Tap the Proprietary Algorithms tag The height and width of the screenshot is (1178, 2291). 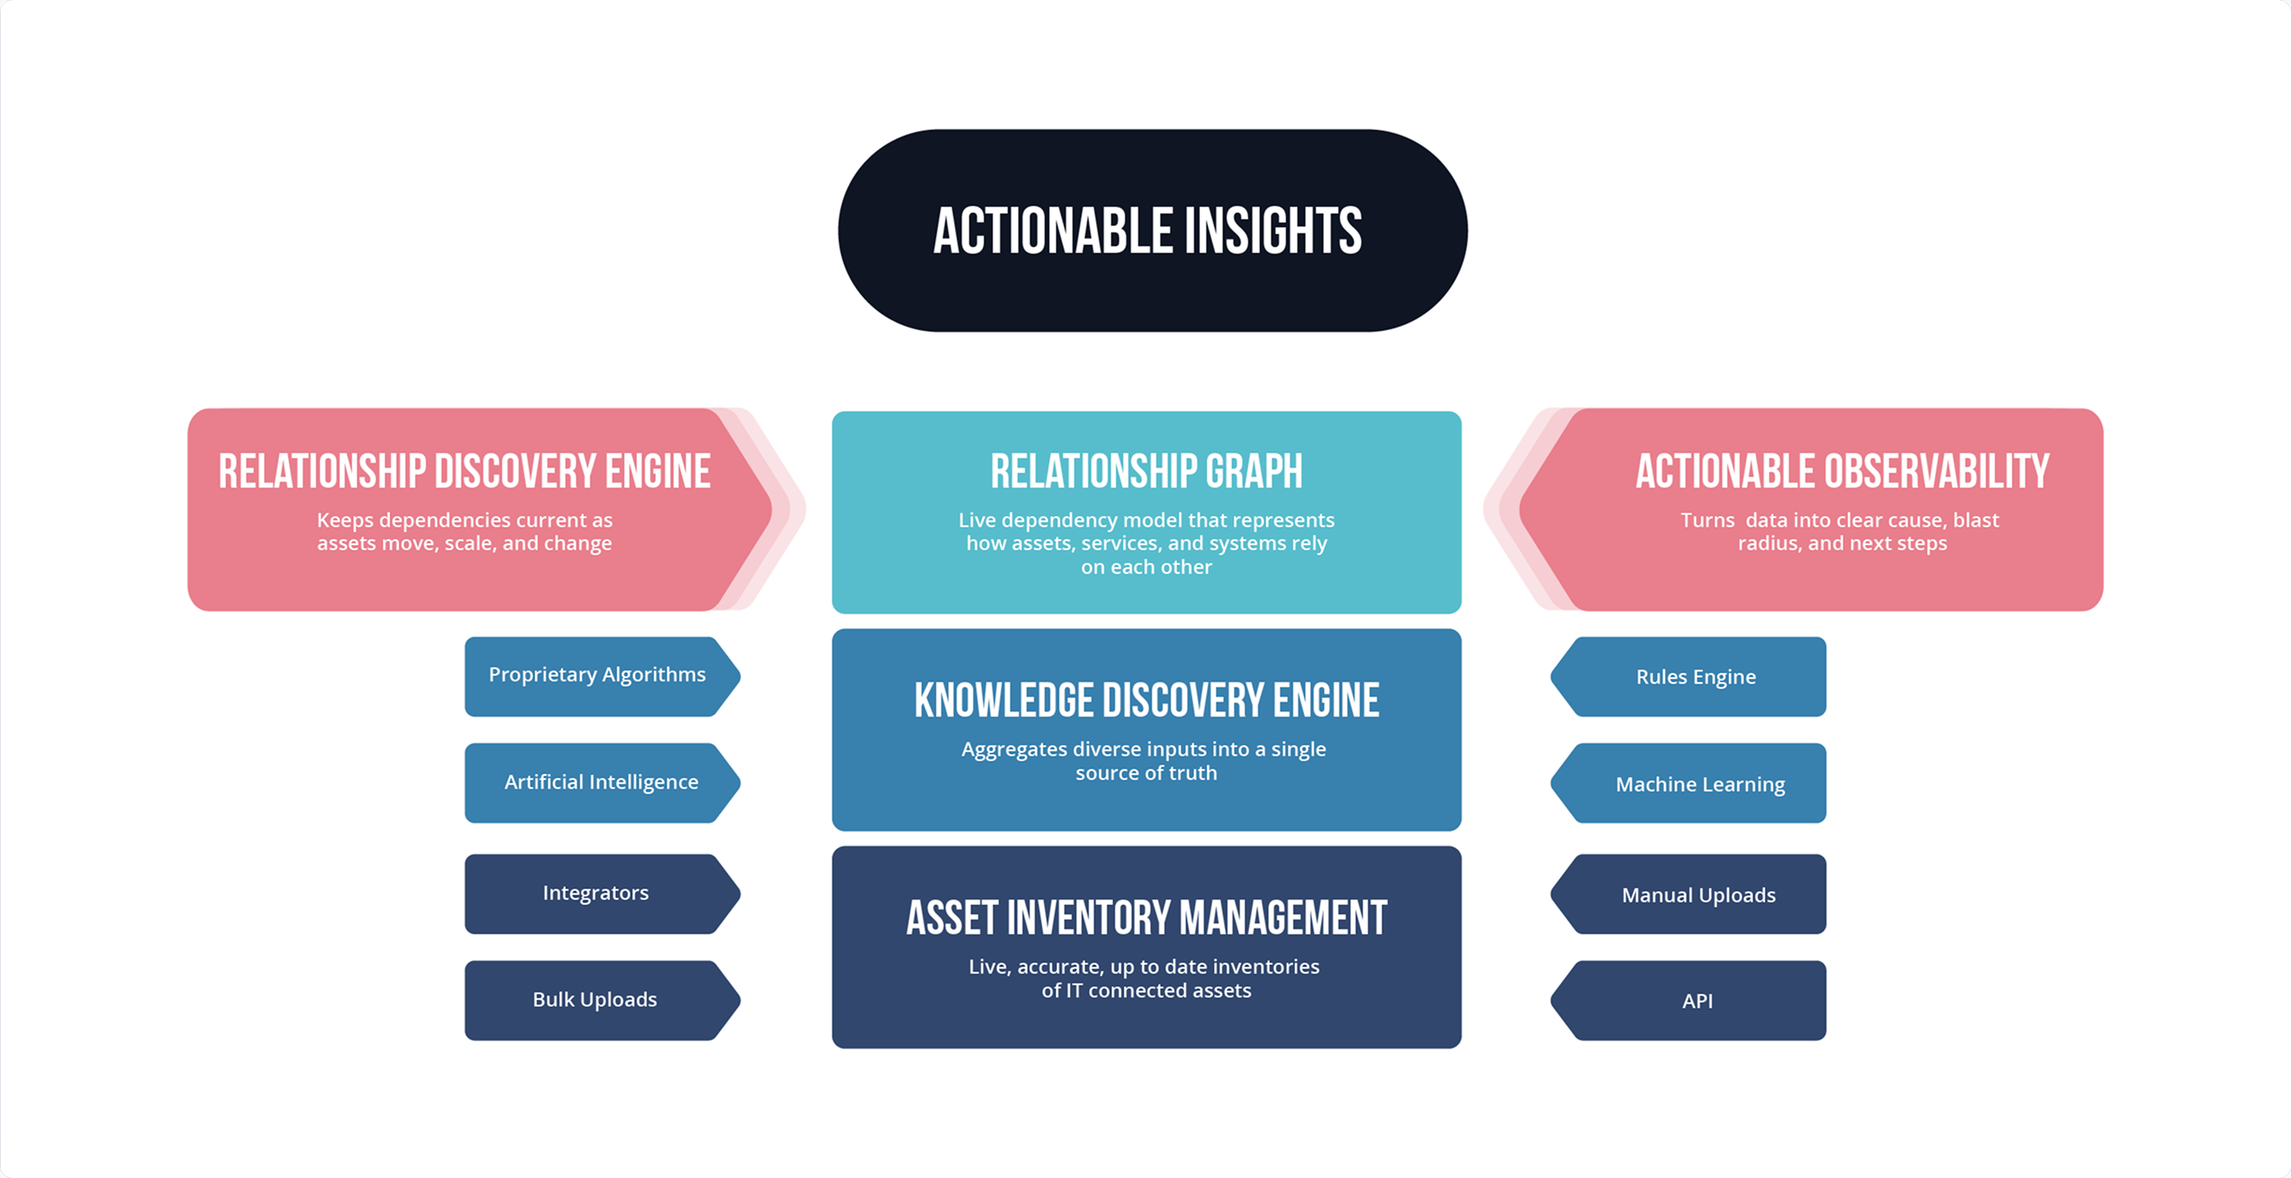click(x=597, y=676)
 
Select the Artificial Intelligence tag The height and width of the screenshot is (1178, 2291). click(x=601, y=783)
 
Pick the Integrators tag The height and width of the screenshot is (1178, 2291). click(x=596, y=893)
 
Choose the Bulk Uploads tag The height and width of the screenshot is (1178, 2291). click(x=595, y=1000)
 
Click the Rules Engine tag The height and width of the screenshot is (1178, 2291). click(x=1696, y=677)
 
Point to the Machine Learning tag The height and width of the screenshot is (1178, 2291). click(x=1699, y=785)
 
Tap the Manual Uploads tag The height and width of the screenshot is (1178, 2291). click(x=1698, y=895)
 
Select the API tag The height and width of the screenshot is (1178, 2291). click(x=1697, y=1001)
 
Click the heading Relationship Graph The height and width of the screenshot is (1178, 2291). click(x=1146, y=471)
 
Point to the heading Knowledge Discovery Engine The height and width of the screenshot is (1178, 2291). click(x=1146, y=700)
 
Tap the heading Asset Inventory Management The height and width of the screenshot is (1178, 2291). click(x=1146, y=919)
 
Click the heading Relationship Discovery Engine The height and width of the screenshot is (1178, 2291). click(x=464, y=471)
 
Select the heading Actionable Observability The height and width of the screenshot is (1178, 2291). click(x=1842, y=471)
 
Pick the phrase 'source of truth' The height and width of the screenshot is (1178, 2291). click(x=1146, y=773)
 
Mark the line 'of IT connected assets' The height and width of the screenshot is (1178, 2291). click(x=1146, y=991)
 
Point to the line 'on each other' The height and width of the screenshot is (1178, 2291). click(x=1146, y=567)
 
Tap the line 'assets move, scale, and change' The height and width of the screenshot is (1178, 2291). click(x=464, y=543)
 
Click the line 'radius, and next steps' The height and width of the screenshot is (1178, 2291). click(x=1842, y=543)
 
